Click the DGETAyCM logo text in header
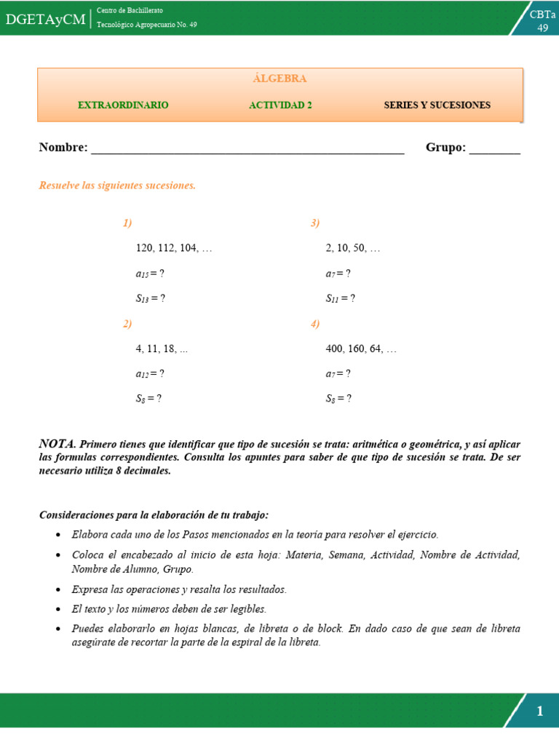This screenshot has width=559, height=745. click(45, 19)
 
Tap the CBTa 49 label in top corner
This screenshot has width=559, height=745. click(542, 21)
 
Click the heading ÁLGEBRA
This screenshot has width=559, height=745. click(279, 79)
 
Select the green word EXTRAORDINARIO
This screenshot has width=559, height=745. click(123, 105)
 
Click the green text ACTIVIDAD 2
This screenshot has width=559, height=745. click(280, 105)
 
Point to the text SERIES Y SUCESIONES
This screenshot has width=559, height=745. click(437, 105)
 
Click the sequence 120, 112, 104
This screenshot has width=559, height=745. click(174, 248)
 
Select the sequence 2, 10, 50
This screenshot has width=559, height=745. click(353, 248)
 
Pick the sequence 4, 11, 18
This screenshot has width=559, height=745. click(162, 348)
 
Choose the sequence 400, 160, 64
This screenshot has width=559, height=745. click(361, 348)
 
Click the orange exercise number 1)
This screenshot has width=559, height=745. click(127, 223)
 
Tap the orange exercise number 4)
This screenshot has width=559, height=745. click(315, 324)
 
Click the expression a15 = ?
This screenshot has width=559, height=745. click(150, 274)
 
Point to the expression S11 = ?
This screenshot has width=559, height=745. click(340, 298)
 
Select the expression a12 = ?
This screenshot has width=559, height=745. click(150, 374)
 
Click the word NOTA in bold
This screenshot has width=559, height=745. click(57, 443)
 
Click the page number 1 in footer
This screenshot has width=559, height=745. click(539, 712)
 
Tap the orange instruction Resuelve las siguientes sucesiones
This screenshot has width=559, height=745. click(117, 186)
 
